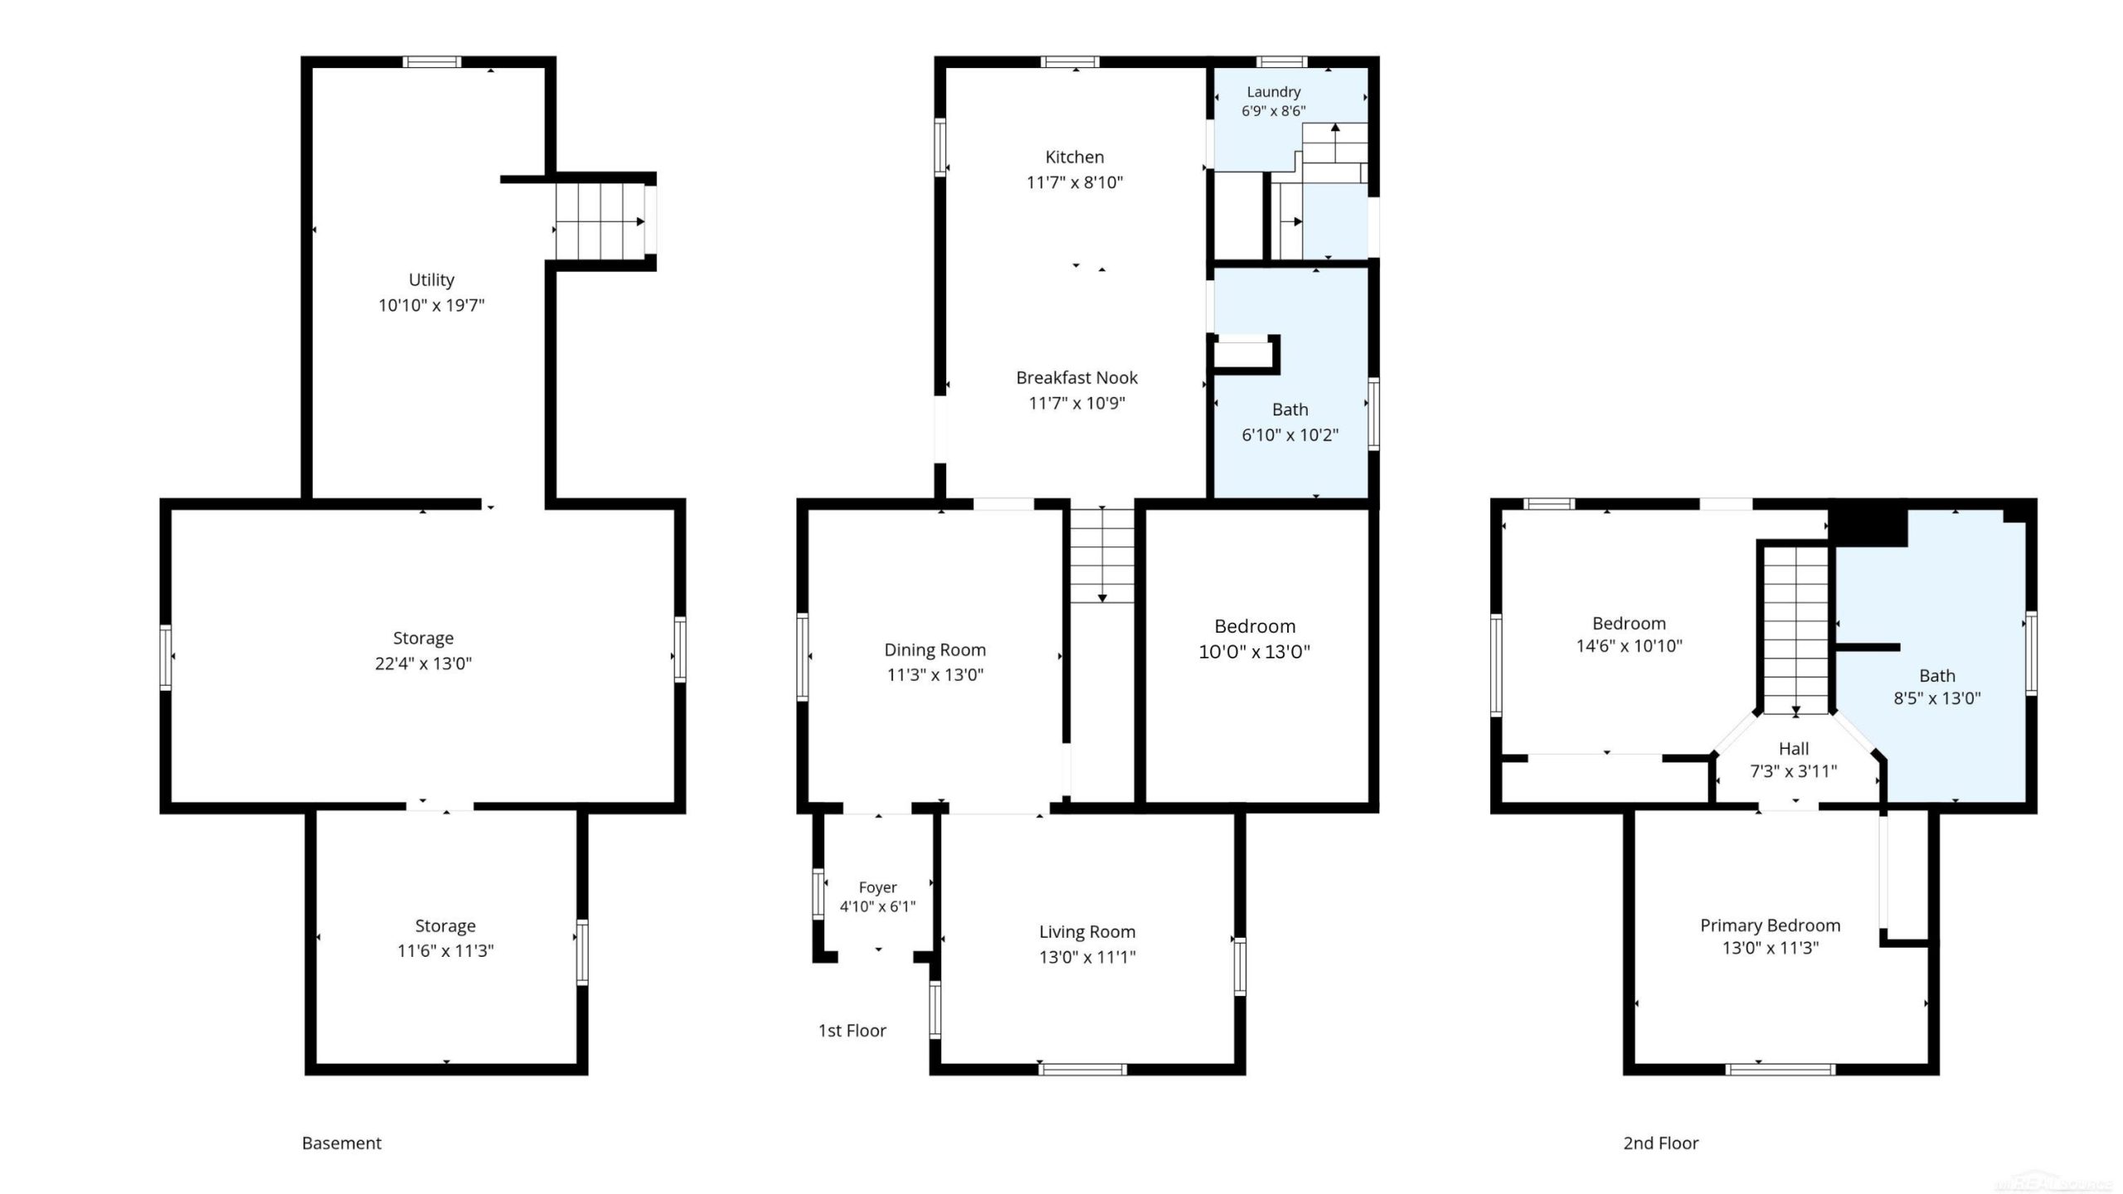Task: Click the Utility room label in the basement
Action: point(431,280)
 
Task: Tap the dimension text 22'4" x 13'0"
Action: point(423,663)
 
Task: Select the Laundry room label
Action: point(1274,92)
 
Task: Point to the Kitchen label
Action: point(1075,157)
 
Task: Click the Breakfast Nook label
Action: point(1076,378)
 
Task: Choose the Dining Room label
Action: point(935,650)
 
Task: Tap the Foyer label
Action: point(877,887)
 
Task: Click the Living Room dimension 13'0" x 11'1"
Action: point(1087,957)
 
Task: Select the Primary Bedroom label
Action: point(1771,925)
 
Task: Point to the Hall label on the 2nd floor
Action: point(1794,749)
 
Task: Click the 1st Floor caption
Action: point(853,1031)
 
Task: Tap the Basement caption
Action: point(342,1143)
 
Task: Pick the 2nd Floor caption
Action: point(1661,1143)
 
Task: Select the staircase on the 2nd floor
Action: point(1795,631)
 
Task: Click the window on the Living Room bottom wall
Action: point(1082,1070)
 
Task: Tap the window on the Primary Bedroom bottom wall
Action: point(1781,1070)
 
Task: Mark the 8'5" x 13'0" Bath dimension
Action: point(1937,698)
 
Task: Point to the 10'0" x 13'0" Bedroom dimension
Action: point(1254,652)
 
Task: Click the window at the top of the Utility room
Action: point(432,61)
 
